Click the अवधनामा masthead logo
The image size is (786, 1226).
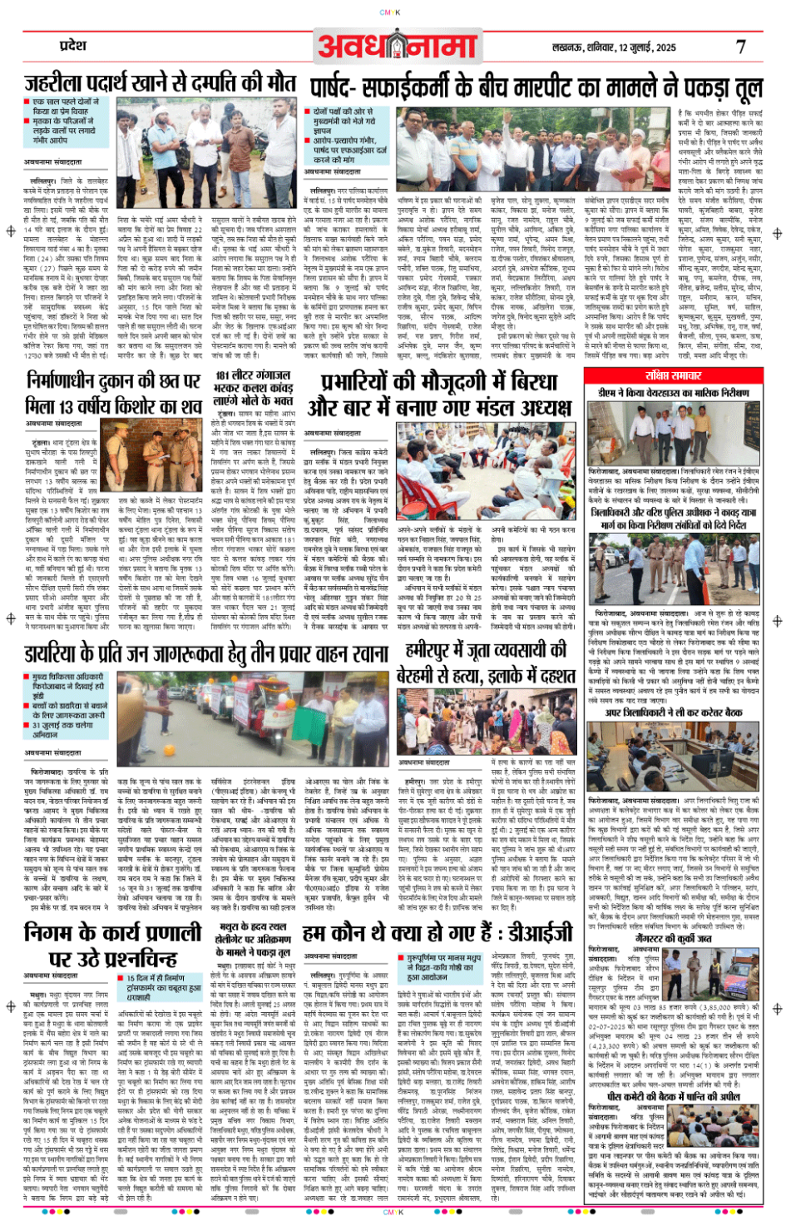pos(398,45)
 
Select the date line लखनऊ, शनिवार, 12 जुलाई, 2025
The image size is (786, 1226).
pos(614,47)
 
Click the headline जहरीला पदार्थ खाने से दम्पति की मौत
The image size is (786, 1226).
pos(160,84)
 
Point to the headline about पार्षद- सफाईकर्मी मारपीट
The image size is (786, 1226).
pos(536,88)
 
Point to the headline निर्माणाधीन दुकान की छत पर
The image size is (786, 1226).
pos(113,393)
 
